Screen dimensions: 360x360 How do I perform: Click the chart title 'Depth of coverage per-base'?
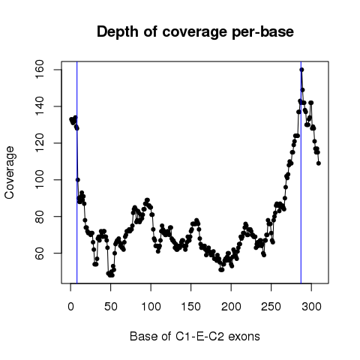point(195,32)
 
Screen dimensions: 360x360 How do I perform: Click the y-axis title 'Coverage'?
point(9,172)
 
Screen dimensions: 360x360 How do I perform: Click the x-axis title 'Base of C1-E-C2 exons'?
point(195,337)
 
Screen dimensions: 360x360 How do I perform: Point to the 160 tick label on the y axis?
point(40,70)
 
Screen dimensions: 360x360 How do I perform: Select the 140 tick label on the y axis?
point(40,106)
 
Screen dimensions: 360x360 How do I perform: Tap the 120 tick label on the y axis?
point(40,143)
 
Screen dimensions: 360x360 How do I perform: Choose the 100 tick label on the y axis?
point(40,180)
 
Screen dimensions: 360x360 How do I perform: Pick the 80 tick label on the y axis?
point(40,217)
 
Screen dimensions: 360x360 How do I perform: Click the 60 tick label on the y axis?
point(40,253)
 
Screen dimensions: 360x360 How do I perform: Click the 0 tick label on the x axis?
point(70,307)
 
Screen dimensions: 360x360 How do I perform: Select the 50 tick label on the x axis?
point(111,307)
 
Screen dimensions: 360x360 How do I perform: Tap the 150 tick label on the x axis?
point(191,307)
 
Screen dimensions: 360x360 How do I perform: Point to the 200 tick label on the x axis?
point(231,307)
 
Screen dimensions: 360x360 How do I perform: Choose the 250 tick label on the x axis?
point(271,307)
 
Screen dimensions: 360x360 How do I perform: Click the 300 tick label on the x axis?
point(311,307)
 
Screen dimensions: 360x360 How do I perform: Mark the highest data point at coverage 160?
point(301,70)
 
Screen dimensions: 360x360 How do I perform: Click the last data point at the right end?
point(319,163)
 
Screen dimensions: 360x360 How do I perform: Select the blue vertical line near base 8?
point(77,172)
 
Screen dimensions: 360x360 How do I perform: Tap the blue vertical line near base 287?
point(301,172)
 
